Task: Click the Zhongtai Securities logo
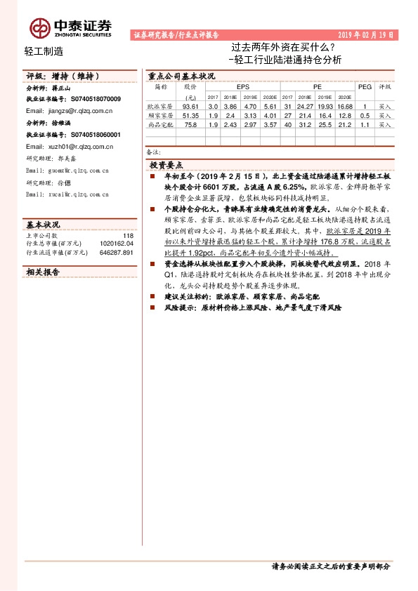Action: pyautogui.click(x=70, y=27)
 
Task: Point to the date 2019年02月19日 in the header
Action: pyautogui.click(x=365, y=34)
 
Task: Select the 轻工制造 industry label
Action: pyautogui.click(x=44, y=51)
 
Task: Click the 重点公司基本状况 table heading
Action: pyautogui.click(x=181, y=76)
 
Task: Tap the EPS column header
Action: pyautogui.click(x=243, y=87)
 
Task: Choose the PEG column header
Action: pyautogui.click(x=365, y=87)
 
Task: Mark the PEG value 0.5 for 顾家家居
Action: pyautogui.click(x=365, y=115)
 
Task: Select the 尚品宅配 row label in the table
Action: pyautogui.click(x=161, y=124)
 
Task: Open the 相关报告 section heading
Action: pyautogui.click(x=44, y=271)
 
